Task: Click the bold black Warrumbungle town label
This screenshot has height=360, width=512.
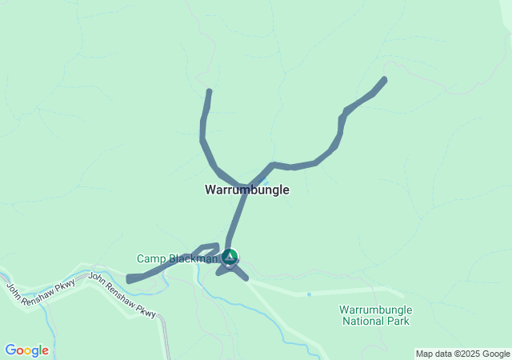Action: point(246,190)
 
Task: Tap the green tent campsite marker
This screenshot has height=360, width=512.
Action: point(230,257)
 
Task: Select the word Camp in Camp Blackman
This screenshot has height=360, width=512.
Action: point(152,258)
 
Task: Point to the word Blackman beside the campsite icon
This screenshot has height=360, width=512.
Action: point(193,258)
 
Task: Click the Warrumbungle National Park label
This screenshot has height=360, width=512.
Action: point(375,315)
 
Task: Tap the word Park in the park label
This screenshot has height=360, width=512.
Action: point(398,322)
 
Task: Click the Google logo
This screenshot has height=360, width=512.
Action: point(26,350)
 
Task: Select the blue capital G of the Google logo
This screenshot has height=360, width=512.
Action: point(10,350)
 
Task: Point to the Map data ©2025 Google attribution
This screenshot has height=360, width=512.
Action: point(462,354)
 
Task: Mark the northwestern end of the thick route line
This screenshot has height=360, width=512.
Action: point(210,91)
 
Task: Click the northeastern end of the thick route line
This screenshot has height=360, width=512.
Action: point(385,79)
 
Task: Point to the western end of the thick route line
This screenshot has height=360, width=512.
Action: point(130,279)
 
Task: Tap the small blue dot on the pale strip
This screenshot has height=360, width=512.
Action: point(309,294)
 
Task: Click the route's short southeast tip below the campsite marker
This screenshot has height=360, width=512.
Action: point(245,278)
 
